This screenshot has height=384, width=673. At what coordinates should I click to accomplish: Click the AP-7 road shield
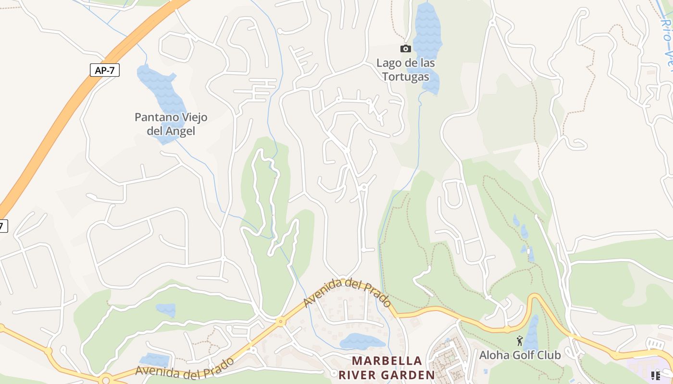pos(104,70)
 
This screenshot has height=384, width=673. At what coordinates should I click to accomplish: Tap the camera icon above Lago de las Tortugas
pos(405,48)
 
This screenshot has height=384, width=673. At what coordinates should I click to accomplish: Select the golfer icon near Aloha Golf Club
pos(519,341)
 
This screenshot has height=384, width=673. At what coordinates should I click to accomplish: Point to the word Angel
pos(180,131)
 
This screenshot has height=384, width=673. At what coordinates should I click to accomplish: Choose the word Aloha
pos(494,355)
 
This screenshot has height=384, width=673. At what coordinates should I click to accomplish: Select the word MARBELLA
pos(387,360)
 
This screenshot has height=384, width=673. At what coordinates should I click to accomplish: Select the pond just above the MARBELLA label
pos(361,341)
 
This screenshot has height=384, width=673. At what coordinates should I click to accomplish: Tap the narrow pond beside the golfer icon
pos(532,331)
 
